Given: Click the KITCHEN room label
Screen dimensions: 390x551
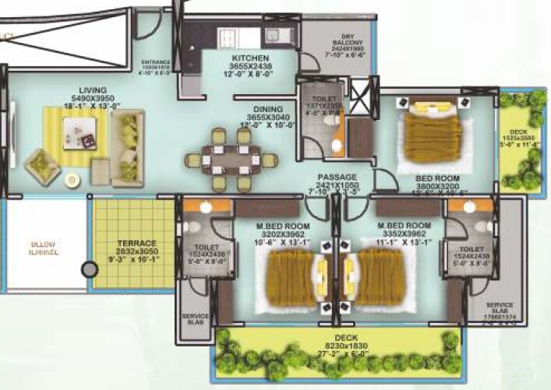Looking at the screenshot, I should [249, 58].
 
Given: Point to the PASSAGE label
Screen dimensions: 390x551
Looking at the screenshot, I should [337, 177].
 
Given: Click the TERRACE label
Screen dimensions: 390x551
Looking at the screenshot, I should [137, 243].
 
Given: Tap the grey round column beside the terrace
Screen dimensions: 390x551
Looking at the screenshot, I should [90, 270].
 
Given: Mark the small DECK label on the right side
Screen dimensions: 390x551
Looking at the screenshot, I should [517, 132].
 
